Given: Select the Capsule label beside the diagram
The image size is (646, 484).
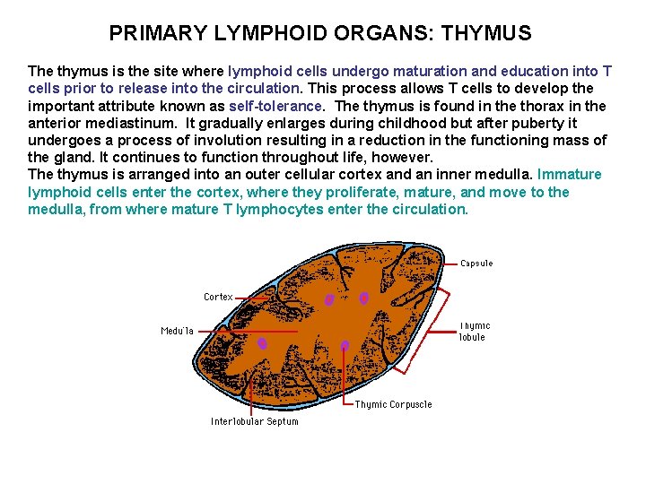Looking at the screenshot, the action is point(476,264).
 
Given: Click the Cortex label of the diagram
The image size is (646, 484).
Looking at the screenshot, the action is point(218,297).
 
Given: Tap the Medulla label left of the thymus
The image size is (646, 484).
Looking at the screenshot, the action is point(177,331).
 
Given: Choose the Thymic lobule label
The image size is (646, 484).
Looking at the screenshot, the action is point(475,332).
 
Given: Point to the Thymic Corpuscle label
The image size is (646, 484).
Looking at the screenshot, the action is point(393,404).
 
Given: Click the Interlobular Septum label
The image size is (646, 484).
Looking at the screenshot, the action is point(255,421).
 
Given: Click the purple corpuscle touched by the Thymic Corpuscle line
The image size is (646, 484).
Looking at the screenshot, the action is point(345,344).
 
